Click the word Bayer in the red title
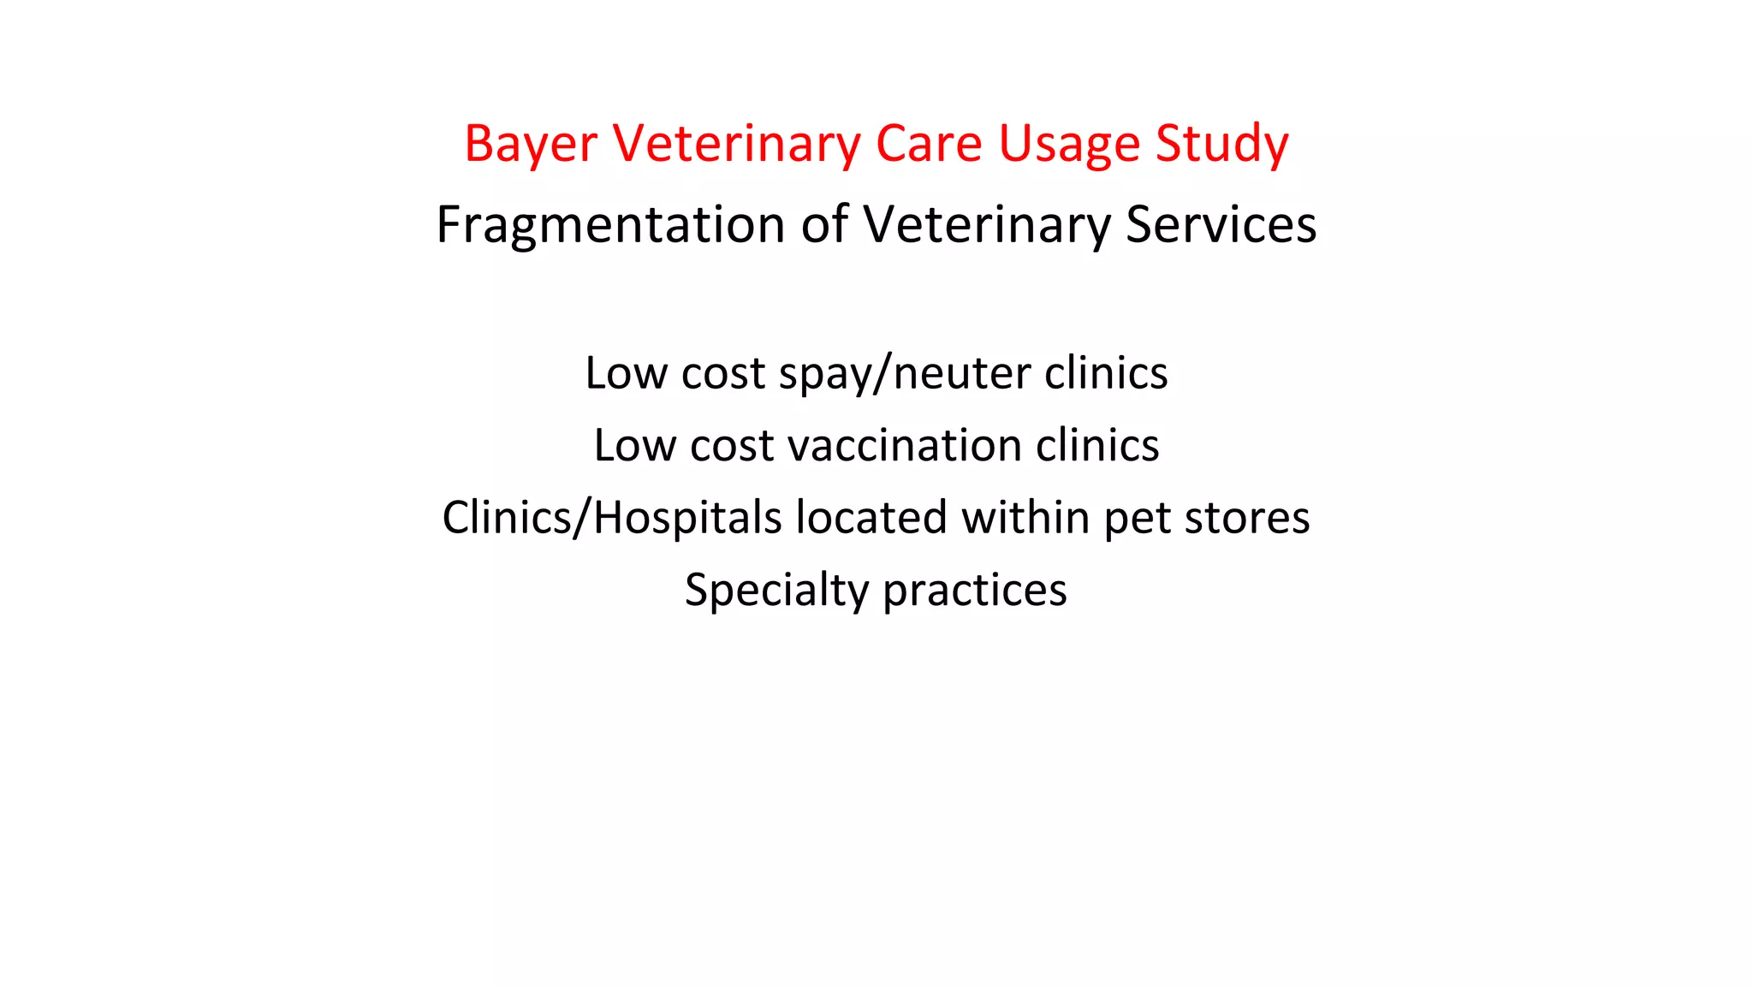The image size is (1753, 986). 531,144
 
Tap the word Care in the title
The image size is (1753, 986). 929,144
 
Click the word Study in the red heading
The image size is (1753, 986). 1221,144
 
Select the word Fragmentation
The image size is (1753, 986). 610,225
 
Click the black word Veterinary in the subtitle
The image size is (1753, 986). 986,225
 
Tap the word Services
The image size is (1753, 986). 1221,225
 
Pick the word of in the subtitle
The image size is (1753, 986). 825,225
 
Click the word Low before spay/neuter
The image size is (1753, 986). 626,374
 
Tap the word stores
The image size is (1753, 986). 1246,518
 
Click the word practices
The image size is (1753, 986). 975,591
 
